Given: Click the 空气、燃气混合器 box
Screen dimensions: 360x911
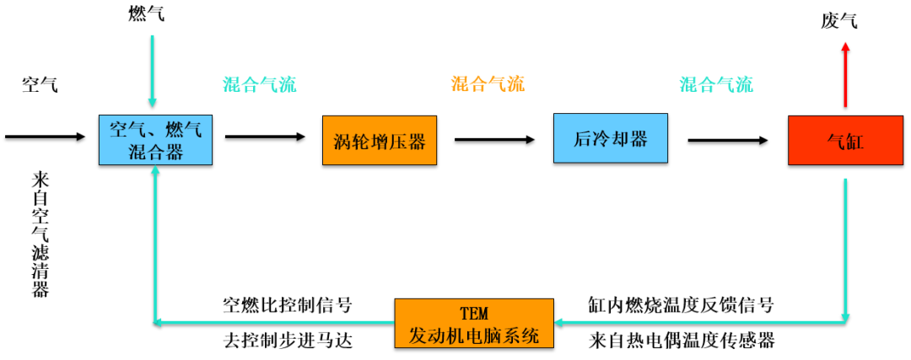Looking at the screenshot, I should pos(156,139).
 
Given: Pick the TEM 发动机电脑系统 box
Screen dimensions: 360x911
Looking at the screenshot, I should pos(475,323).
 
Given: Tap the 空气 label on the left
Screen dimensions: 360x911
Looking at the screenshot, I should pos(40,84).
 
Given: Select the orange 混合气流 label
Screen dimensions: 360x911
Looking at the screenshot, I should pos(488,84).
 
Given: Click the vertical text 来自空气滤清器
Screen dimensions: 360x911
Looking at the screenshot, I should pos(40,234).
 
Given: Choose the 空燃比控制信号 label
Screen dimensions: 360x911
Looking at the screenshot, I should pos(287,305).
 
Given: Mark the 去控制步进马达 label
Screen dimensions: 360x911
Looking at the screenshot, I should pos(287,341).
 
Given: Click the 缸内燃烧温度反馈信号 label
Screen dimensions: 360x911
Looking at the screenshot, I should pos(681,305).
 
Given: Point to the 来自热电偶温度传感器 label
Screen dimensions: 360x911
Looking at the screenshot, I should pos(681,341).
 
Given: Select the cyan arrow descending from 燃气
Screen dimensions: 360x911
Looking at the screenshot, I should pos(152,72).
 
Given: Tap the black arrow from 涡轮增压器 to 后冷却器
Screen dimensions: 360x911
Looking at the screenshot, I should pos(494,140).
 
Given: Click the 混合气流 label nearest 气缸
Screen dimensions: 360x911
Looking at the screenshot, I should pos(716,84).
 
